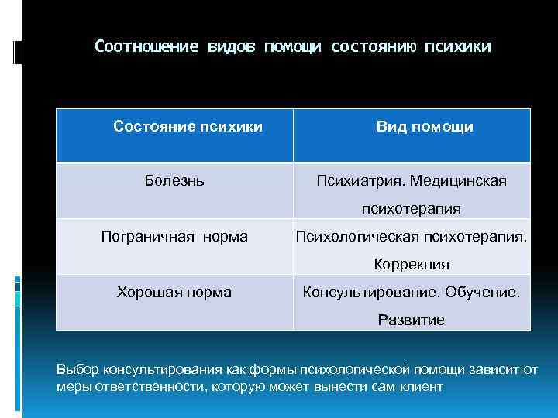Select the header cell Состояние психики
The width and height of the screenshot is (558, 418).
(x=188, y=126)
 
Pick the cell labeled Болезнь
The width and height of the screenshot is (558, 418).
(x=174, y=181)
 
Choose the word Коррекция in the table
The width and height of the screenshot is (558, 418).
(x=412, y=264)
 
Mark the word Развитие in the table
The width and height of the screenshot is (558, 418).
(x=412, y=320)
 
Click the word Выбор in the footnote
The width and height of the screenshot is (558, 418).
(x=74, y=369)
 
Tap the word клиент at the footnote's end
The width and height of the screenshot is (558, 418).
(x=423, y=385)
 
